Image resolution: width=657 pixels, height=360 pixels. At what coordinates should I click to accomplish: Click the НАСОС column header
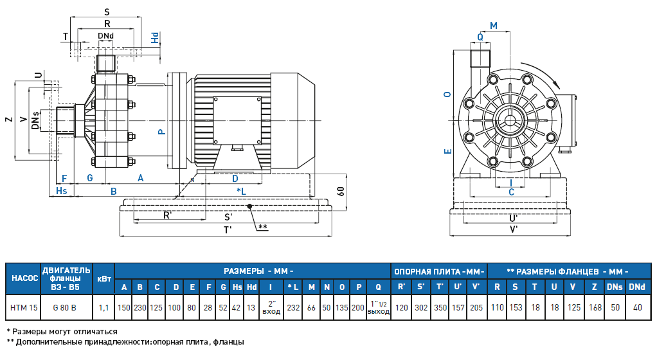click(x=24, y=278)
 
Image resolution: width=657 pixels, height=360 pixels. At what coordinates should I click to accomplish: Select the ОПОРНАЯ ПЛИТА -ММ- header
click(x=439, y=271)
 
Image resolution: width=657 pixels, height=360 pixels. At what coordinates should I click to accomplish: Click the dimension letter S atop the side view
click(x=107, y=12)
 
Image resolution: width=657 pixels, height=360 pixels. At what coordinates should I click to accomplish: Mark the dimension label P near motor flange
click(x=162, y=132)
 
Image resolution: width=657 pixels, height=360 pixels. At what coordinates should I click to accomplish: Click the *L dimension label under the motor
click(x=241, y=192)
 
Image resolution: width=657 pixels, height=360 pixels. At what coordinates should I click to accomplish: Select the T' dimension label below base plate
click(x=228, y=230)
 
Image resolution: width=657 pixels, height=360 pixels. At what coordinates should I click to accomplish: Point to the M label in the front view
click(x=493, y=25)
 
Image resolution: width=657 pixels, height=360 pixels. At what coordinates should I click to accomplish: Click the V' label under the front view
click(x=514, y=229)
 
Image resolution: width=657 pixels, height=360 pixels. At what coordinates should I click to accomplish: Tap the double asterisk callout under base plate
click(x=263, y=227)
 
